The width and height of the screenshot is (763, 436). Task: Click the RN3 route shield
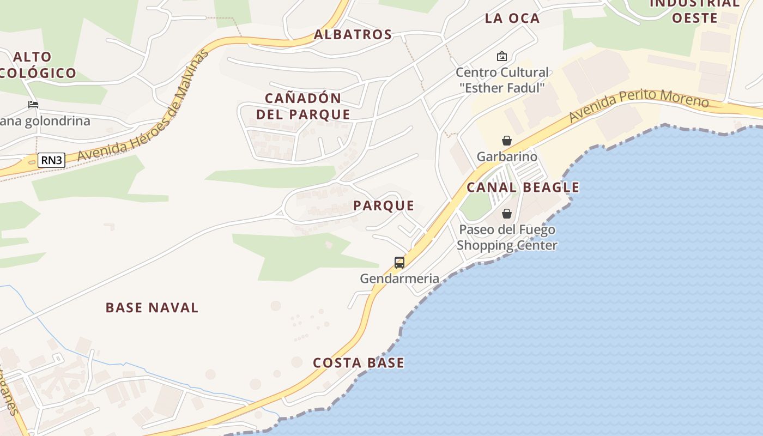point(51,160)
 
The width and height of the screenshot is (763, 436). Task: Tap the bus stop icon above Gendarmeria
point(399,263)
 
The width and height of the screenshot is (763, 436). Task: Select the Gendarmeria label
point(399,278)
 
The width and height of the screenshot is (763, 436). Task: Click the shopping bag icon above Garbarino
point(507,141)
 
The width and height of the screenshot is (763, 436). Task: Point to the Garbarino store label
point(507,157)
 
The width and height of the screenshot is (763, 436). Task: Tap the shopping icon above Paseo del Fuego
point(507,213)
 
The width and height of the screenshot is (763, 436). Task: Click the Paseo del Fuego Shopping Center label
point(507,237)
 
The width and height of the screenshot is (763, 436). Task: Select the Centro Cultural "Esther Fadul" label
point(502,80)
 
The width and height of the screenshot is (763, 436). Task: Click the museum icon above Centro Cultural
point(501,56)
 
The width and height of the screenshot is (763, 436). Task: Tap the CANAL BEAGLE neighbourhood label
point(523,187)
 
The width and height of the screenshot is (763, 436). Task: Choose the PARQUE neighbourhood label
point(384,205)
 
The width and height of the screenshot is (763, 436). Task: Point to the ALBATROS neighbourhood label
point(353,34)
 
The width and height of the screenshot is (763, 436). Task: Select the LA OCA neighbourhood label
point(512,18)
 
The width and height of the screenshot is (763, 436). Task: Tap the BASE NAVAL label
point(152,307)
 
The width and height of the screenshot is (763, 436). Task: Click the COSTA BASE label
point(359,362)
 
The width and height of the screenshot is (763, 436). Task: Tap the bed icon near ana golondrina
point(33,105)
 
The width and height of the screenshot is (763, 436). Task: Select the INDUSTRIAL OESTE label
point(694,11)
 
